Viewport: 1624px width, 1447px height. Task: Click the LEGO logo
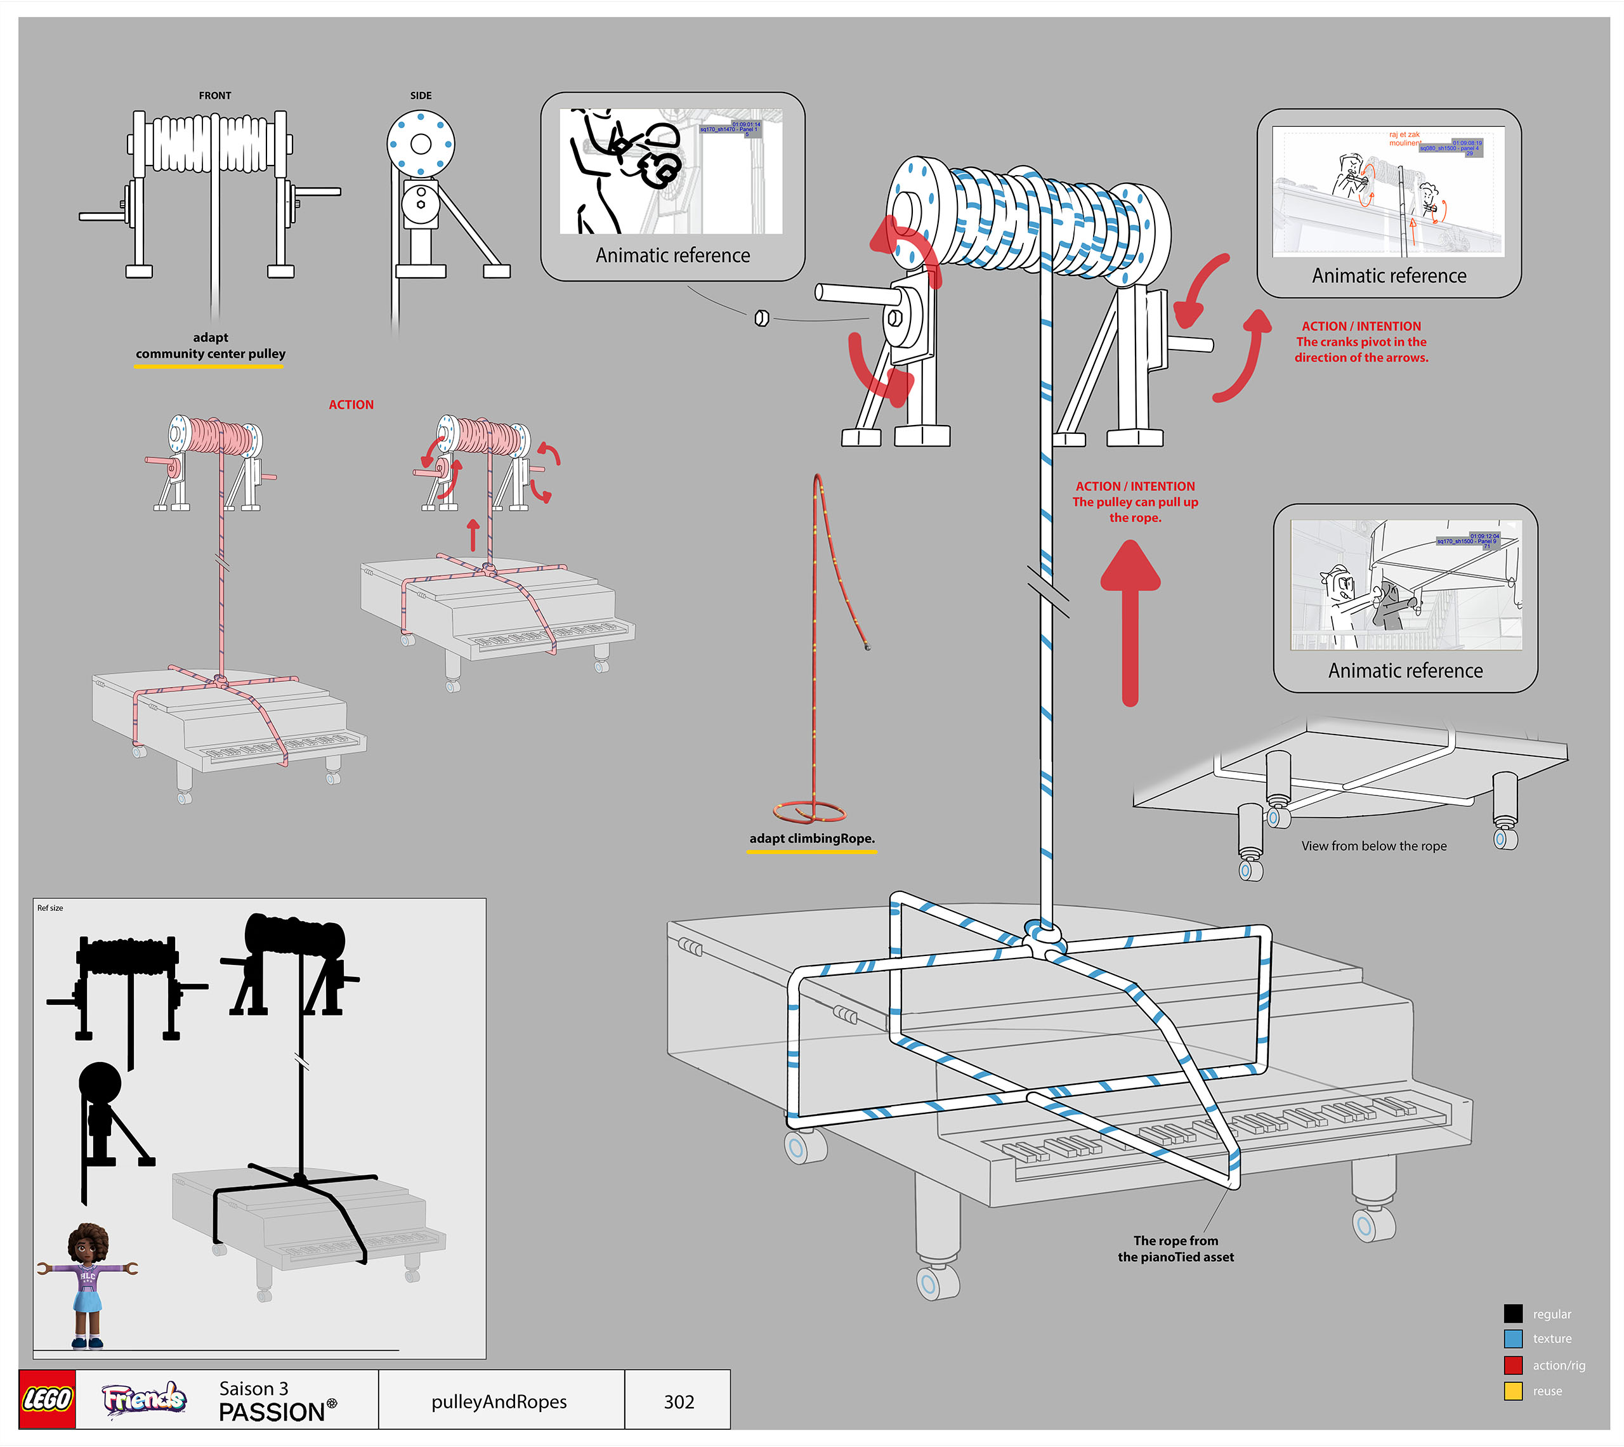[47, 1399]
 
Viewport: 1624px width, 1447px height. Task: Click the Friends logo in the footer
[144, 1399]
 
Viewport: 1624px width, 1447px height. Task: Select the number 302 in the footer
[678, 1402]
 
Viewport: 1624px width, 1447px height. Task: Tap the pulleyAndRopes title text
[499, 1402]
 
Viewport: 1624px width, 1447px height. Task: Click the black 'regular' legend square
[1513, 1313]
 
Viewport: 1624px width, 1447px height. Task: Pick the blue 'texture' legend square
[1513, 1339]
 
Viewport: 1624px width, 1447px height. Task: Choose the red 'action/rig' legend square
[1513, 1365]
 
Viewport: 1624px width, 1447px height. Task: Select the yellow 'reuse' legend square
[1513, 1391]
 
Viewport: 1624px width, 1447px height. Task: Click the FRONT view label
[214, 95]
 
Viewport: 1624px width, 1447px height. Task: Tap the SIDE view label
[421, 95]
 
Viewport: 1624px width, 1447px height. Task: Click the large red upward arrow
[1130, 620]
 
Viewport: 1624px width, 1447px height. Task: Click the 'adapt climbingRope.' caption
[811, 838]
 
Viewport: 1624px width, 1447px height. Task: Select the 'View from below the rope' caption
[1373, 846]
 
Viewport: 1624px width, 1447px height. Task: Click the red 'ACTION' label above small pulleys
[351, 405]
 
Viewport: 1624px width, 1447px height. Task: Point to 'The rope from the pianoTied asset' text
[1175, 1249]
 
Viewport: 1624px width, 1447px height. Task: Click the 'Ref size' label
[50, 908]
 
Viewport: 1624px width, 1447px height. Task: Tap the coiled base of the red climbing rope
[809, 812]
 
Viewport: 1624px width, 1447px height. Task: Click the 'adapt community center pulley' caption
[210, 346]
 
